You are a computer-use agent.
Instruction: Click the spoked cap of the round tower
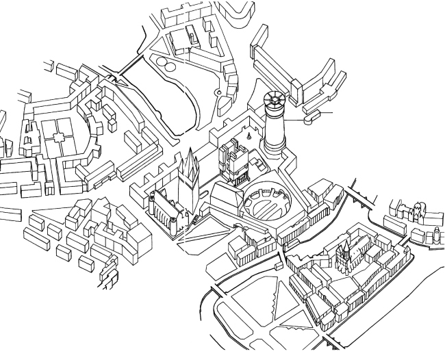click(x=275, y=104)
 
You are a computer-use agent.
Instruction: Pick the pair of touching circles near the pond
click(x=164, y=64)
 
